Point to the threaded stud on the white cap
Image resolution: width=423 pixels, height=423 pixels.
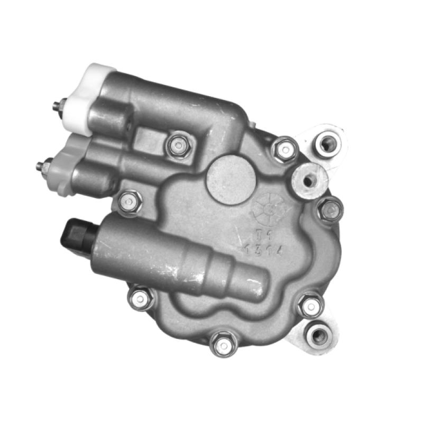[57, 106]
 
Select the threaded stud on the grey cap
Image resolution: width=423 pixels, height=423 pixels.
[40, 166]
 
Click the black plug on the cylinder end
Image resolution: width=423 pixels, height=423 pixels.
[74, 234]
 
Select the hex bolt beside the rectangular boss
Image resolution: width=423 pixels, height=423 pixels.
[178, 144]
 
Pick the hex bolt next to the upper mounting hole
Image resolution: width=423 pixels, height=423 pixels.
[285, 150]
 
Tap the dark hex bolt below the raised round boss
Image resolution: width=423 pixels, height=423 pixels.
[330, 210]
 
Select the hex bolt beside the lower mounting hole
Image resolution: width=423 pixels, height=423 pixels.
[310, 306]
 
